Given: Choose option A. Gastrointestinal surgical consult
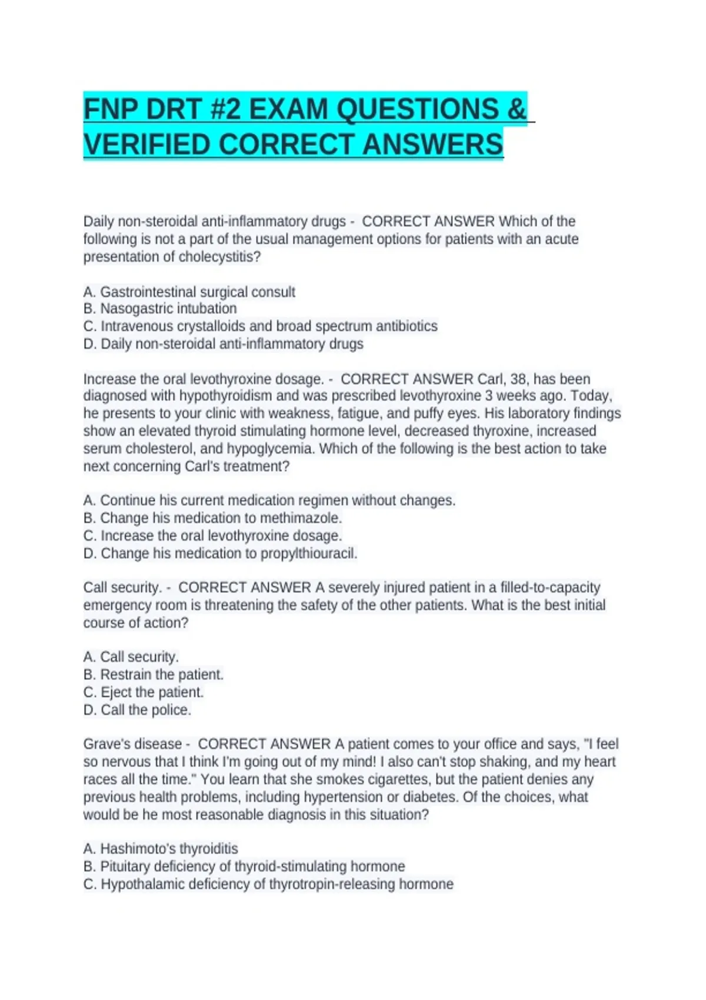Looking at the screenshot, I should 189,292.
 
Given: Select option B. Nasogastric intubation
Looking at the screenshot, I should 160,309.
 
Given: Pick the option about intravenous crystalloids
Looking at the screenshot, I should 261,326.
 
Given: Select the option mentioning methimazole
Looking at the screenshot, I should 212,518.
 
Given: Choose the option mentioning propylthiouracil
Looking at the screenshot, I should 220,554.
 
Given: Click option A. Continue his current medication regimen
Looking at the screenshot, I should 269,501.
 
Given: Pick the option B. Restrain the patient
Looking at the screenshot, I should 154,675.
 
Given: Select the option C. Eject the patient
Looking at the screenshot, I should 144,692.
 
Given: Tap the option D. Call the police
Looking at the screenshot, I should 137,710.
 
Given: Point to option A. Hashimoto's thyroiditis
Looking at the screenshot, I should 161,849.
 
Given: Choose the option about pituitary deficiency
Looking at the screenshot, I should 244,866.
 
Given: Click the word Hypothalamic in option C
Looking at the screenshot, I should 139,884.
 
